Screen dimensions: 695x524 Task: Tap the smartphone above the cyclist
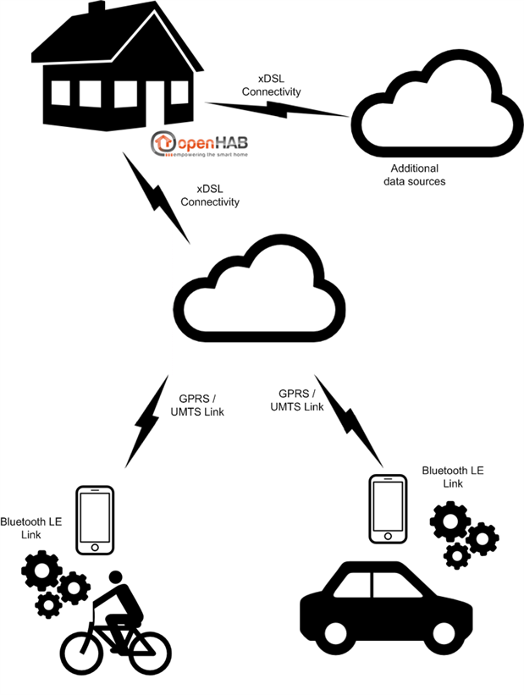(x=95, y=521)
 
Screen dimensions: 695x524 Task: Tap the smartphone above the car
(x=389, y=509)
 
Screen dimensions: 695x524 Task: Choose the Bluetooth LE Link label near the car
(x=453, y=476)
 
